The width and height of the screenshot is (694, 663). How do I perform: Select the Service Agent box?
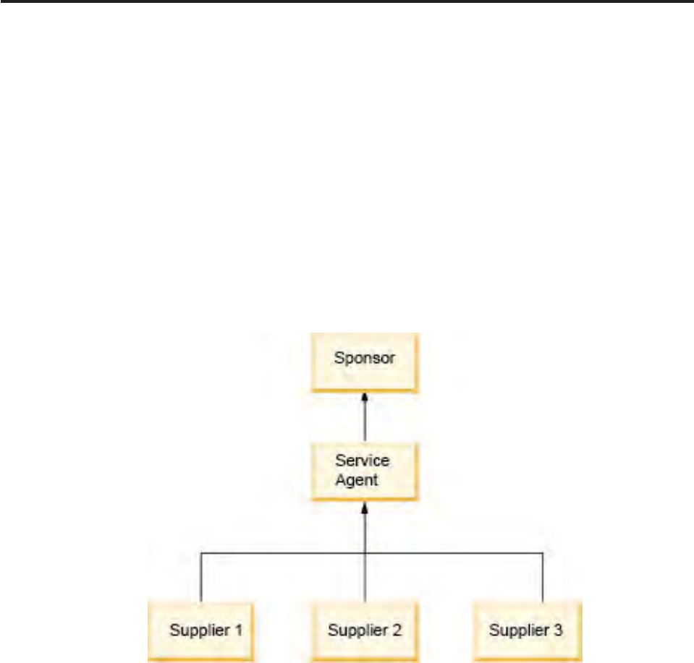point(365,471)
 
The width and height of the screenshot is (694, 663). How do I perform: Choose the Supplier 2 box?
point(365,631)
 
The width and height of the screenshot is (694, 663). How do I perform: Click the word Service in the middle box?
point(363,461)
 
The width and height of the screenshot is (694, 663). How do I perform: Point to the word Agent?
point(357,480)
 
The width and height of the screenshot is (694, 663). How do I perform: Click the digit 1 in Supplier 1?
point(237,630)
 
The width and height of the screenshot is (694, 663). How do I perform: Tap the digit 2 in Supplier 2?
point(397,630)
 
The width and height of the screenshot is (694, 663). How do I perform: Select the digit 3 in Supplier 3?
point(558,630)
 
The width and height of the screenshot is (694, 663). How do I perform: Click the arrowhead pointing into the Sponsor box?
point(365,397)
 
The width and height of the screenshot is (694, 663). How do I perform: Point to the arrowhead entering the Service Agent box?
point(365,506)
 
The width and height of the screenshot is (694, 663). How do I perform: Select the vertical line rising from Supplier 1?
point(200,578)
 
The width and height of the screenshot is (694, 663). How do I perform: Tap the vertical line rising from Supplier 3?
point(542,578)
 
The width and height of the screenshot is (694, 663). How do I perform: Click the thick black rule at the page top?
point(347,2)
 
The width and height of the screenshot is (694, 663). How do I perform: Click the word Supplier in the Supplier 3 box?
point(516,630)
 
